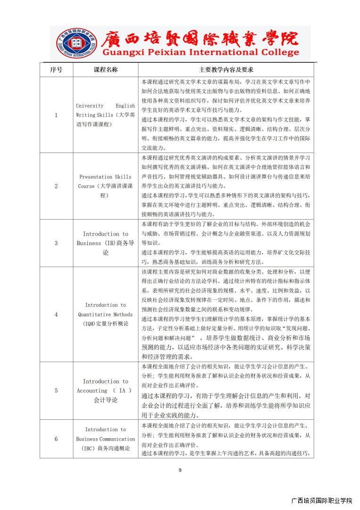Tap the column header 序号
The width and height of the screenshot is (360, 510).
pos(56,69)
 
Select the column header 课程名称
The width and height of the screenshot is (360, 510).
pos(106,69)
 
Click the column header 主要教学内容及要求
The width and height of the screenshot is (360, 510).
pos(226,69)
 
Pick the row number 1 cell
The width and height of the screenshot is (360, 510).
pos(56,115)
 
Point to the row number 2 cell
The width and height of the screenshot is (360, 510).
pos(56,186)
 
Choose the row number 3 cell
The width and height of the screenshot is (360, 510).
pos(56,243)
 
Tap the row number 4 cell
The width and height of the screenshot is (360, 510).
pos(56,314)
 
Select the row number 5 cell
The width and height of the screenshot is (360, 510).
pos(56,391)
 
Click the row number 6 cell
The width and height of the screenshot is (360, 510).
pos(56,439)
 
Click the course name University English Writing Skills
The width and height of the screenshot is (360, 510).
pos(106,115)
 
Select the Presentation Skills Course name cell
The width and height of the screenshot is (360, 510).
pos(106,186)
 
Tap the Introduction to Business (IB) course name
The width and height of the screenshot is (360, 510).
pos(106,243)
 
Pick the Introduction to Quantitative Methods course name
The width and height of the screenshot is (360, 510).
pos(106,314)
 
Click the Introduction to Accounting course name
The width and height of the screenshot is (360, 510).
pos(106,391)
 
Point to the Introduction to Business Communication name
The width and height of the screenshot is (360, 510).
pos(106,439)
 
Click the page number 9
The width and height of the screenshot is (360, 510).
pos(180,470)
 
